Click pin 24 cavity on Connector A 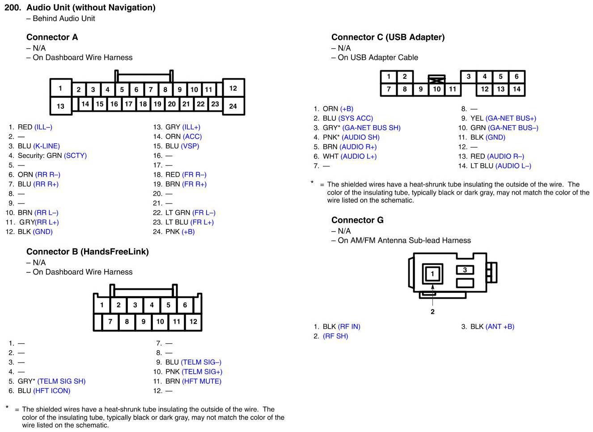pyautogui.click(x=233, y=106)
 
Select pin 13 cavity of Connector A pyautogui.click(x=60, y=106)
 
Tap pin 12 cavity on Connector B pyautogui.click(x=193, y=321)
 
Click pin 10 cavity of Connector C pyautogui.click(x=436, y=89)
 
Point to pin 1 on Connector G pyautogui.click(x=432, y=274)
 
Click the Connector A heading pyautogui.click(x=52, y=37)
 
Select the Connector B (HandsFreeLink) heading pyautogui.click(x=87, y=251)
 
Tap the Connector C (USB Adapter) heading pyautogui.click(x=388, y=37)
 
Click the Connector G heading pyautogui.click(x=357, y=220)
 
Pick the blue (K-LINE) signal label pyautogui.click(x=47, y=146)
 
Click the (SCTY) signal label pyautogui.click(x=75, y=156)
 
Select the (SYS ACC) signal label pyautogui.click(x=356, y=118)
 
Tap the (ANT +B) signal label pyautogui.click(x=500, y=326)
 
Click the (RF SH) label pyautogui.click(x=335, y=336)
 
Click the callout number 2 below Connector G pyautogui.click(x=432, y=312)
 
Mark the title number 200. pyautogui.click(x=13, y=8)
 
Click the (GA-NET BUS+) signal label pyautogui.click(x=510, y=118)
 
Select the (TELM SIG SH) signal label pyautogui.click(x=61, y=381)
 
